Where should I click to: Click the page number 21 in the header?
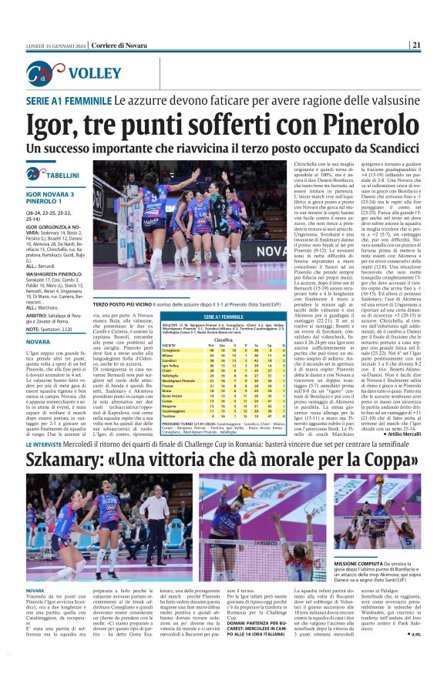click(437, 44)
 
